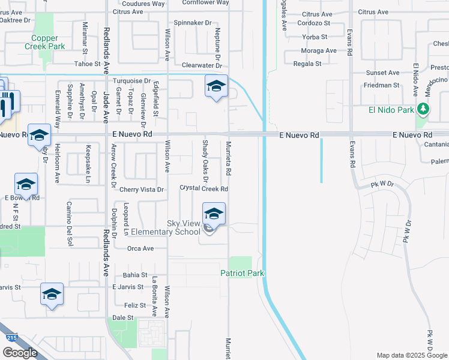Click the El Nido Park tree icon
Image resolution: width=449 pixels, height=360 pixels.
point(424,109)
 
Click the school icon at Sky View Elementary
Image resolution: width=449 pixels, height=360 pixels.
point(214,214)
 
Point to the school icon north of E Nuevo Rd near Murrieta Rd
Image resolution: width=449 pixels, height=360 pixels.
point(216,86)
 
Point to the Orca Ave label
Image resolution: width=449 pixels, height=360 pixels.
point(140,248)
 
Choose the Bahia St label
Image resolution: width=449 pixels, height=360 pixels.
point(134,275)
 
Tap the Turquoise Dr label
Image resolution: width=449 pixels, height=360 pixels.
point(131,80)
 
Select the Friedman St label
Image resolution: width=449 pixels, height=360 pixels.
point(381,85)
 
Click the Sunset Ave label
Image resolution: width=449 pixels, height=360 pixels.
point(383,73)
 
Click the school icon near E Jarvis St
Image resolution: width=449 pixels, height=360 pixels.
point(52,294)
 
